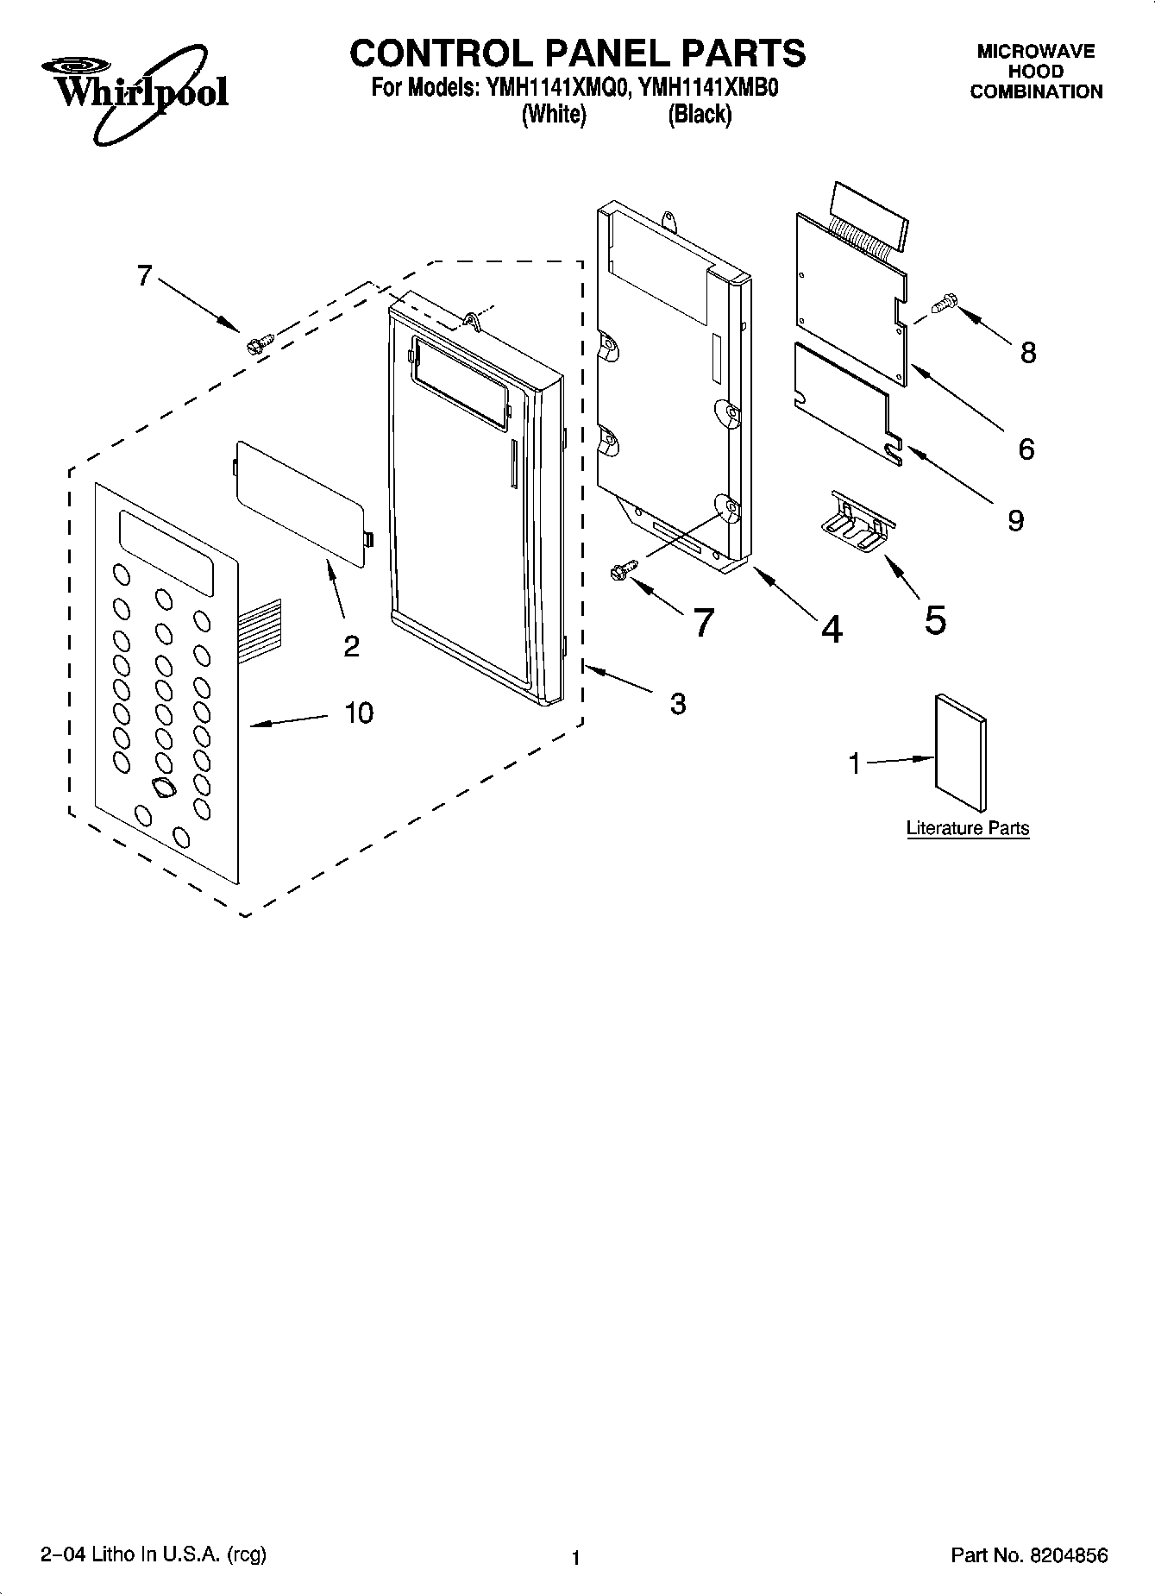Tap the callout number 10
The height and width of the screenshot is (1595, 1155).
359,713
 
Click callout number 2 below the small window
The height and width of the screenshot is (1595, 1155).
351,645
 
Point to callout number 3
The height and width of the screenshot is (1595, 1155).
678,704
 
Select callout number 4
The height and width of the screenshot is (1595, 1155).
832,630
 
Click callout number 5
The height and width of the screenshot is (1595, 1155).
935,619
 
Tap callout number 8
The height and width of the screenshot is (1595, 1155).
1027,352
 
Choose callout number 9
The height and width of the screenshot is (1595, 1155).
1015,520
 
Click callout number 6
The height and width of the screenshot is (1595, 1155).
1026,449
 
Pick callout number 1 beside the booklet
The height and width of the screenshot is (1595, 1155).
854,764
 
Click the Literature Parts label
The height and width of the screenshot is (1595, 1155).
968,828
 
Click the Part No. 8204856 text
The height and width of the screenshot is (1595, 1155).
1029,1555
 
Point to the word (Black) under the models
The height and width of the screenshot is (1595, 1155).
700,115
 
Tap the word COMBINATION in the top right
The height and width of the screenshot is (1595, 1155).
1036,92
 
